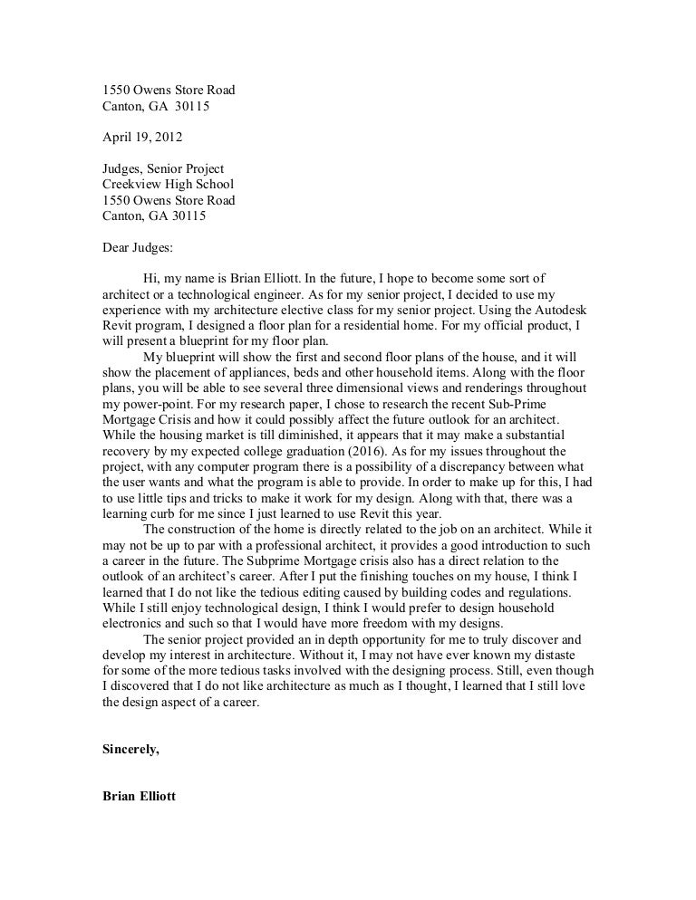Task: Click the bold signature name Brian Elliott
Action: (141, 799)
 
